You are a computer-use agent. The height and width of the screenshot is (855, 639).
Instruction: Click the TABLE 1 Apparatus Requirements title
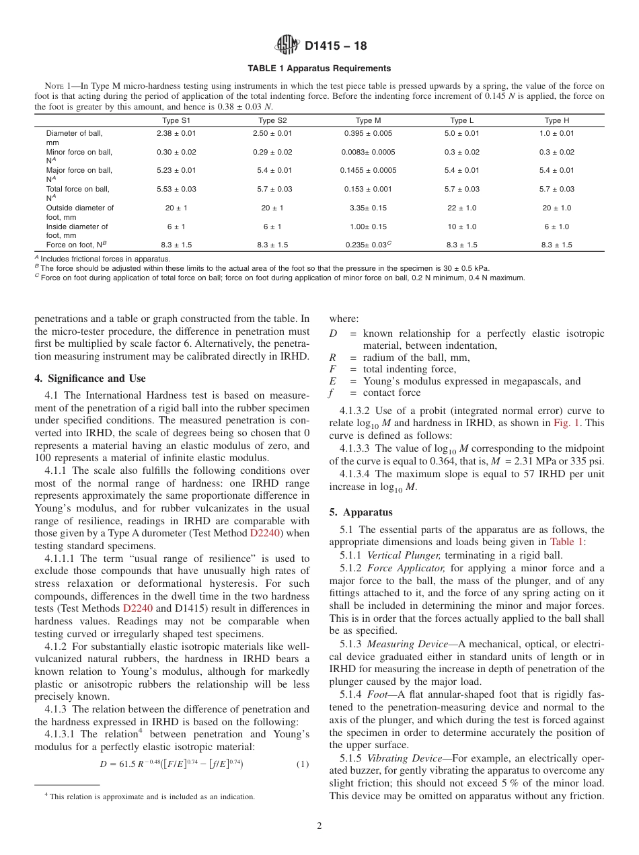[x=319, y=69]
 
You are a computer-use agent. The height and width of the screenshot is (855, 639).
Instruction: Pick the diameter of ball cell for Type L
[x=462, y=134]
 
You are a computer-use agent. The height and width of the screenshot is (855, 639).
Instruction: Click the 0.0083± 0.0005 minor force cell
[x=368, y=153]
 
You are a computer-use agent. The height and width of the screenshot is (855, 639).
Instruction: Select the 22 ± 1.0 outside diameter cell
[x=462, y=208]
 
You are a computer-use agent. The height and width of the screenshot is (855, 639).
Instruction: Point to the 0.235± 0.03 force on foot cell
[x=367, y=245]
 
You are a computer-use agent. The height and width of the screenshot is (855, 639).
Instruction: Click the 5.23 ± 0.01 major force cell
[x=176, y=171]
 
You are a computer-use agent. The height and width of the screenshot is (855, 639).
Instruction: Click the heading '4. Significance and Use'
[x=90, y=378]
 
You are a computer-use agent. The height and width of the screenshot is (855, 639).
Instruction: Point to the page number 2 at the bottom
[x=319, y=826]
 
